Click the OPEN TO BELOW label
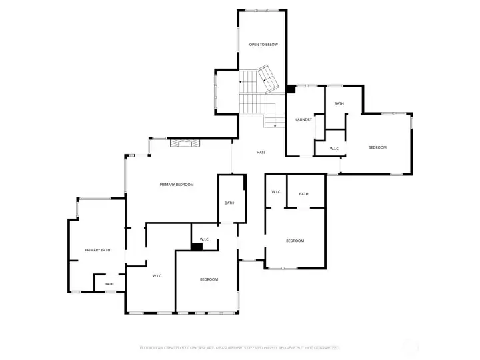[x=263, y=45]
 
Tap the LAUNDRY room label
[x=304, y=120]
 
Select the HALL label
[x=261, y=153]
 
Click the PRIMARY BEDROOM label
[x=177, y=184]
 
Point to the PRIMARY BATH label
[x=97, y=250]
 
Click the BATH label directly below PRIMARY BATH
[x=109, y=284]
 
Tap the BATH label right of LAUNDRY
[x=339, y=103]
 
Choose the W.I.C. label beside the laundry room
[x=335, y=148]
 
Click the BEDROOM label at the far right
[x=377, y=147]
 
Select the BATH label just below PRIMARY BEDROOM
[x=229, y=203]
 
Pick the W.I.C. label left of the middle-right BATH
[x=277, y=193]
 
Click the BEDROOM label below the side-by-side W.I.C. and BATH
[x=295, y=241]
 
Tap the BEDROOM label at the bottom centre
[x=209, y=279]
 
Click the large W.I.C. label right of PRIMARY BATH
[x=158, y=275]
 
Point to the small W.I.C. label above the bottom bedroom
[x=205, y=239]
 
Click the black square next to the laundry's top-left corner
[x=291, y=89]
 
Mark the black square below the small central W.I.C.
[x=197, y=247]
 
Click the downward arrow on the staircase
[x=274, y=123]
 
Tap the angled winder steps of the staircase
[x=268, y=79]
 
